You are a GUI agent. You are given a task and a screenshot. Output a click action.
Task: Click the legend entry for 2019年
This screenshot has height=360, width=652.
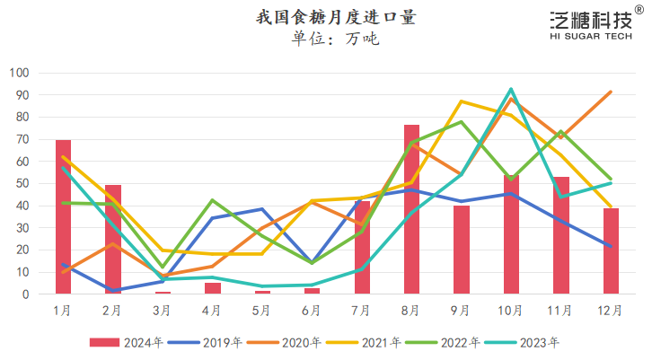click(x=205, y=342)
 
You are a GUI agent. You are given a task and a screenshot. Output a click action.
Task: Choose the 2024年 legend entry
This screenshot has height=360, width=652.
click(x=126, y=342)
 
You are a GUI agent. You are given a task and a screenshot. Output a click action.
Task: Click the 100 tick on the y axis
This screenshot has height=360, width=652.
click(x=20, y=73)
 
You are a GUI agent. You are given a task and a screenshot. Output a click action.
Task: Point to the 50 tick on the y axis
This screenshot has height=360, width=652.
click(x=22, y=183)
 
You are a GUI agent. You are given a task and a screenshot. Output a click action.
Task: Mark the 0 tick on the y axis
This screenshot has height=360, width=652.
click(x=26, y=294)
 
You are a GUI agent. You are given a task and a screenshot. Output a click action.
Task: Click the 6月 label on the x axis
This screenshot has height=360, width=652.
click(x=312, y=311)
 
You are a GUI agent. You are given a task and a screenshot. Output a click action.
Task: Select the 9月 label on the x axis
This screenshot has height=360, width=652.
click(x=461, y=311)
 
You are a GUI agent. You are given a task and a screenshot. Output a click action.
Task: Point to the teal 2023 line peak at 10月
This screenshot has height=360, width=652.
click(x=511, y=89)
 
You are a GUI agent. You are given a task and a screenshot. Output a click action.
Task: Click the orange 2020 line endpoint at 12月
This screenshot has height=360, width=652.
click(x=611, y=92)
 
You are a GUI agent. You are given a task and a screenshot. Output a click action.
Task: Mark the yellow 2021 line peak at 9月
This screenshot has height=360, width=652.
click(x=461, y=101)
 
